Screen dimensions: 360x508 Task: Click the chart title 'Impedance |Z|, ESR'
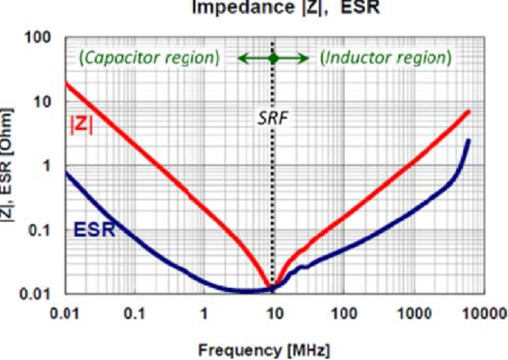click(x=285, y=8)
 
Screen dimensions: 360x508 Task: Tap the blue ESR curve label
click(x=94, y=230)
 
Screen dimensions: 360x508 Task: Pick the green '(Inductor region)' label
click(x=386, y=58)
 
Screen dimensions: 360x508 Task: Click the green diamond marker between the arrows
click(x=273, y=58)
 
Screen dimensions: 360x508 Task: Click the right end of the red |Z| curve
click(x=469, y=111)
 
